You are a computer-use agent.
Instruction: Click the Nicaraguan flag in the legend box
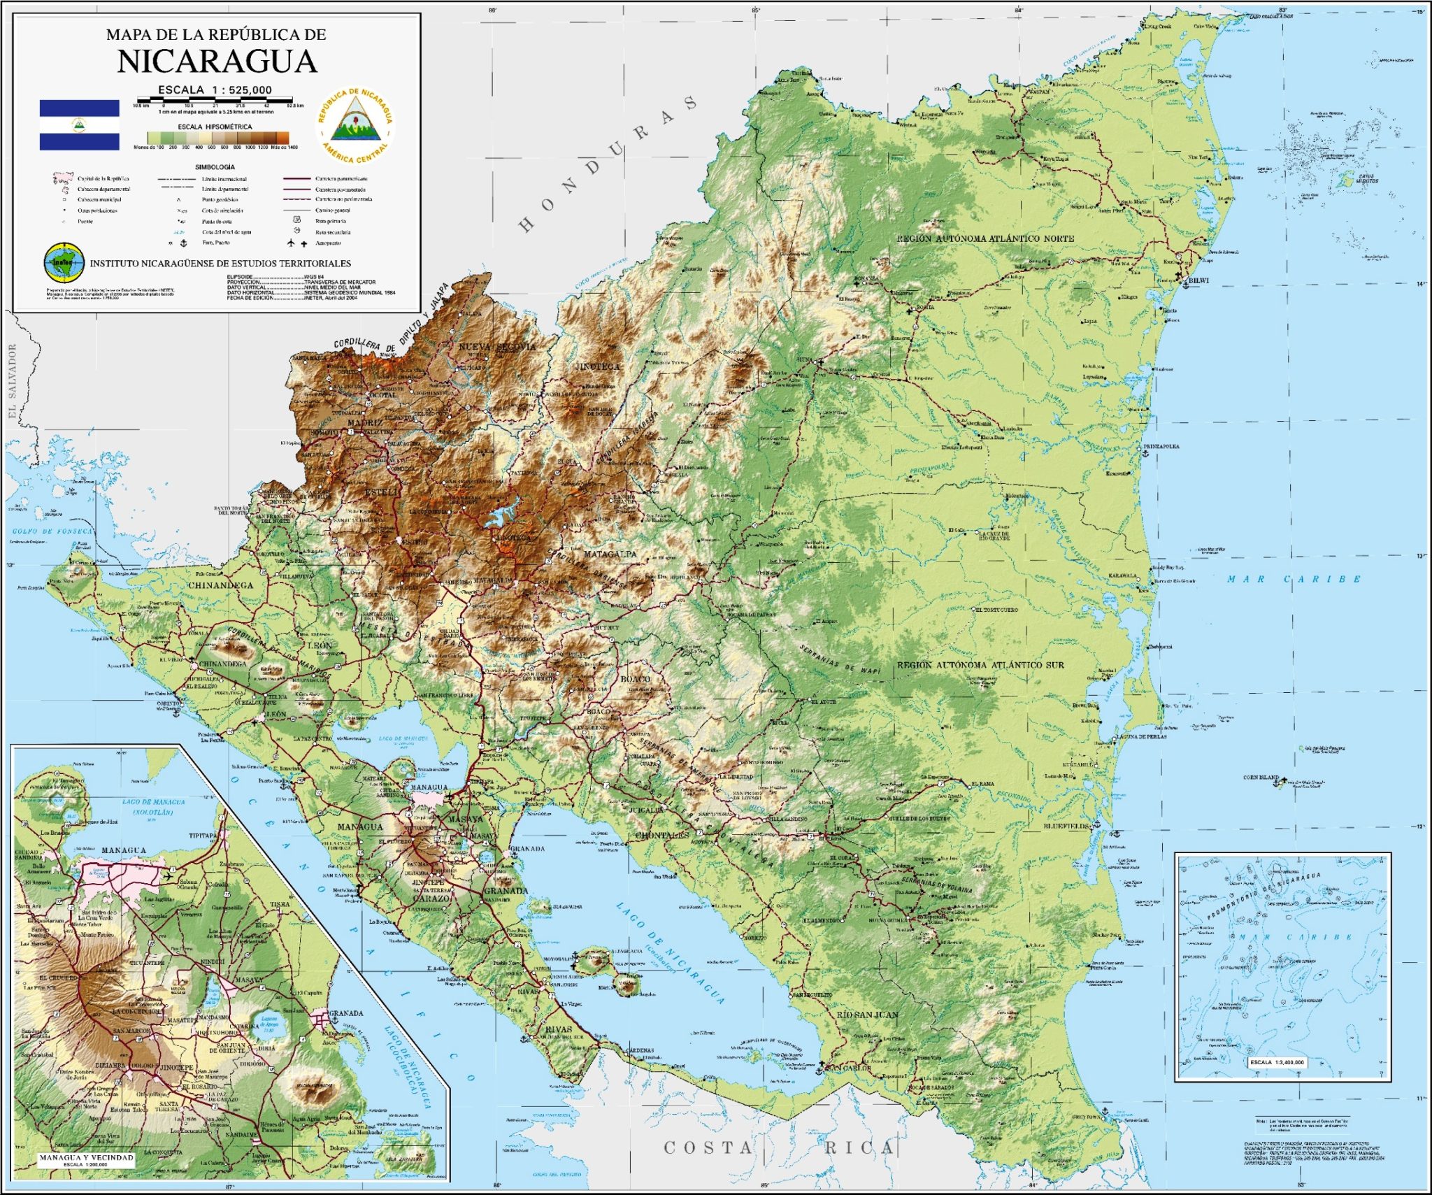[x=79, y=124]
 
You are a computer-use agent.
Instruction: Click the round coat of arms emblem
[x=355, y=125]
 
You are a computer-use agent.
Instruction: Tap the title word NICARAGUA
[x=217, y=62]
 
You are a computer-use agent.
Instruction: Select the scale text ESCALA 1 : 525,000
[x=215, y=90]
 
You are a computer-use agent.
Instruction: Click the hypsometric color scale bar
[x=217, y=138]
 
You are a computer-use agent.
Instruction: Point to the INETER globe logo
[x=64, y=263]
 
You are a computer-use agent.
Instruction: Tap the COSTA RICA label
[x=779, y=1147]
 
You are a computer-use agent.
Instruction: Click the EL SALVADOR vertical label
[x=12, y=382]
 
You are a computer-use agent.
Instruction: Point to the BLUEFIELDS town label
[x=1066, y=826]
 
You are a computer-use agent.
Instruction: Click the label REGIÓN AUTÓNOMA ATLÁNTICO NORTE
[x=985, y=238]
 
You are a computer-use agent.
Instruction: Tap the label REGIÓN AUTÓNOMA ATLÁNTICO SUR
[x=980, y=665]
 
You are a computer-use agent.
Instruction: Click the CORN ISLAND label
[x=1261, y=777]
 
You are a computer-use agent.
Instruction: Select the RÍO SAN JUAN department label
[x=867, y=1015]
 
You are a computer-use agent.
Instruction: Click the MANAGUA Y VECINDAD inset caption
[x=86, y=1157]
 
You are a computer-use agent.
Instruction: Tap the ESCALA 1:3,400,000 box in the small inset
[x=1277, y=1062]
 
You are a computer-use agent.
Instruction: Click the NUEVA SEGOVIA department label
[x=497, y=347]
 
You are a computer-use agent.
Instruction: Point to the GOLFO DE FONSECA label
[x=52, y=531]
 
